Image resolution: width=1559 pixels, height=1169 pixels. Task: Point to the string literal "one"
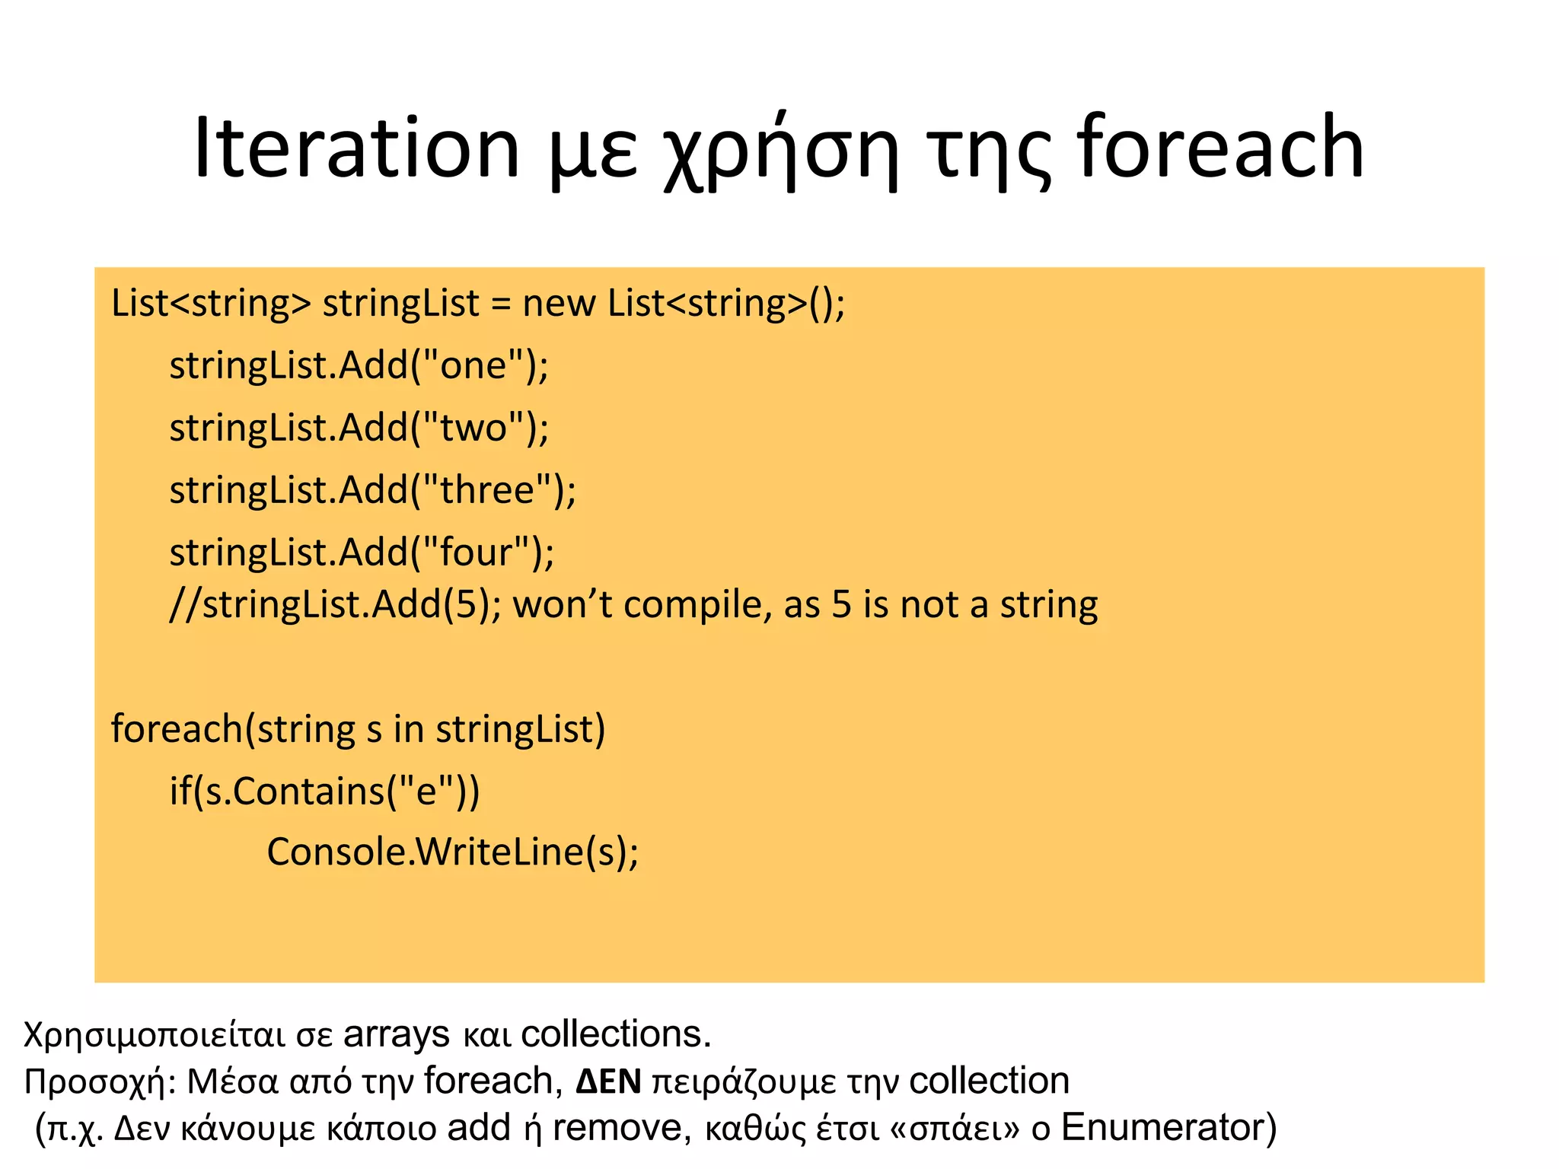click(473, 365)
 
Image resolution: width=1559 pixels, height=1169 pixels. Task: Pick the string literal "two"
click(473, 427)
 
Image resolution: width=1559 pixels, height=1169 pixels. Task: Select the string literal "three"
click(487, 489)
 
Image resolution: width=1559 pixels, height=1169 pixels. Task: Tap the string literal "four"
click(477, 551)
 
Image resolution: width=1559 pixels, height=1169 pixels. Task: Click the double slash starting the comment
click(185, 605)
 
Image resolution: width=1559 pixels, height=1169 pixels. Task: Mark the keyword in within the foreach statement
click(408, 728)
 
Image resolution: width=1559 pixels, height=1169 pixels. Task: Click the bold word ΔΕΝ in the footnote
click(608, 1081)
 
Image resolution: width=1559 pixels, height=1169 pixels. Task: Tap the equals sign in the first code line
click(499, 304)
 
